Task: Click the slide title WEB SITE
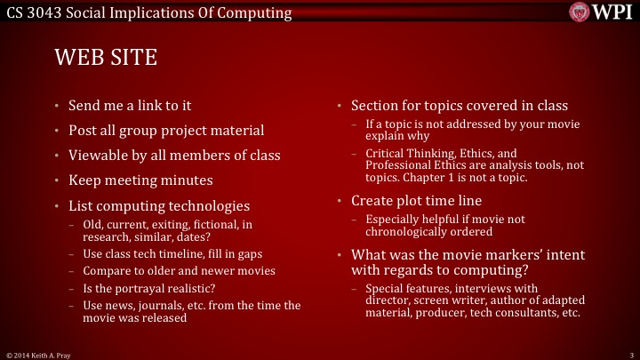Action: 106,58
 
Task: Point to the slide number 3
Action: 629,354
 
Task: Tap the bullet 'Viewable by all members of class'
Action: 174,156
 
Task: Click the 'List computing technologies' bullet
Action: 159,205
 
